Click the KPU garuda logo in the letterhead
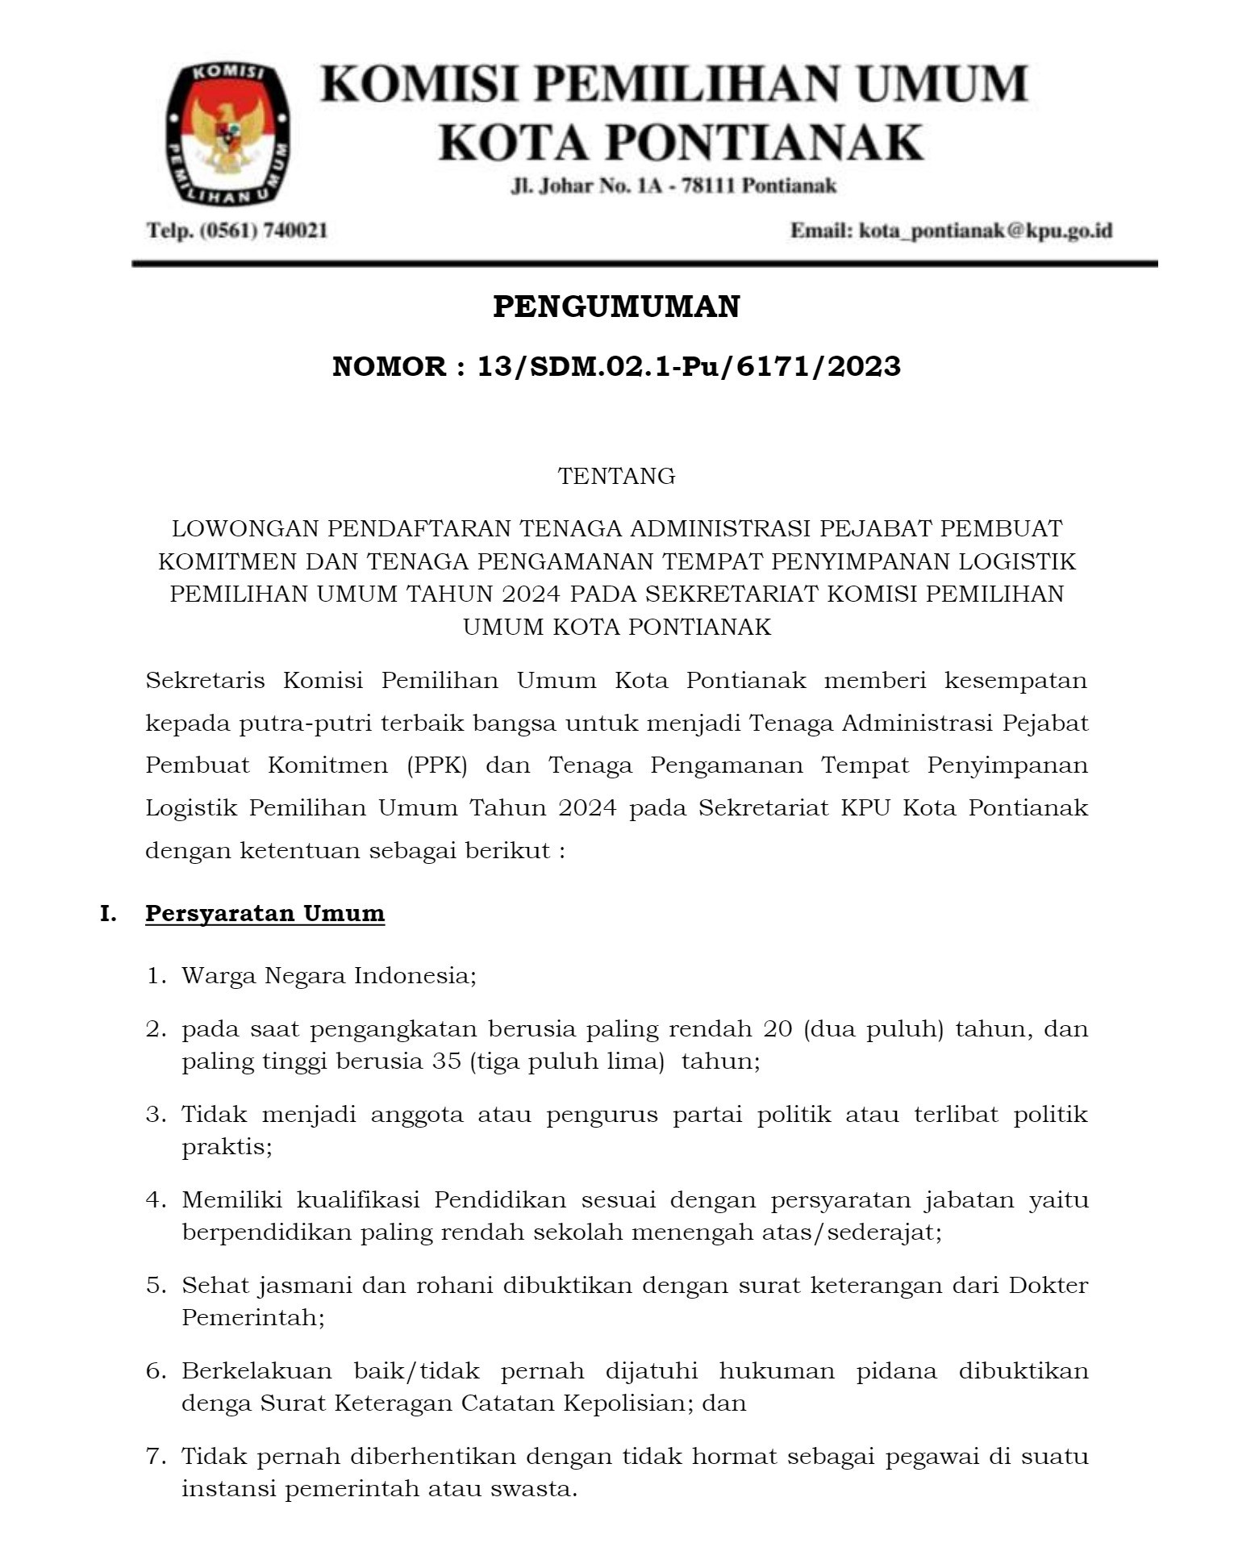tap(228, 134)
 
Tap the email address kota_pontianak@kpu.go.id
tap(986, 231)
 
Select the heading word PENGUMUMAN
tap(616, 307)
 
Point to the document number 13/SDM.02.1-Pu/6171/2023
tap(688, 367)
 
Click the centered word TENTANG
tap(616, 476)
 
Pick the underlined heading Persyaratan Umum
tap(265, 914)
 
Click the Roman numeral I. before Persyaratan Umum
tap(108, 914)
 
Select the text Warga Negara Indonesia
tap(327, 975)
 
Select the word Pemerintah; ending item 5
tap(252, 1317)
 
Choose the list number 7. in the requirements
tap(156, 1457)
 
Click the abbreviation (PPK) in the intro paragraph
tap(437, 765)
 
